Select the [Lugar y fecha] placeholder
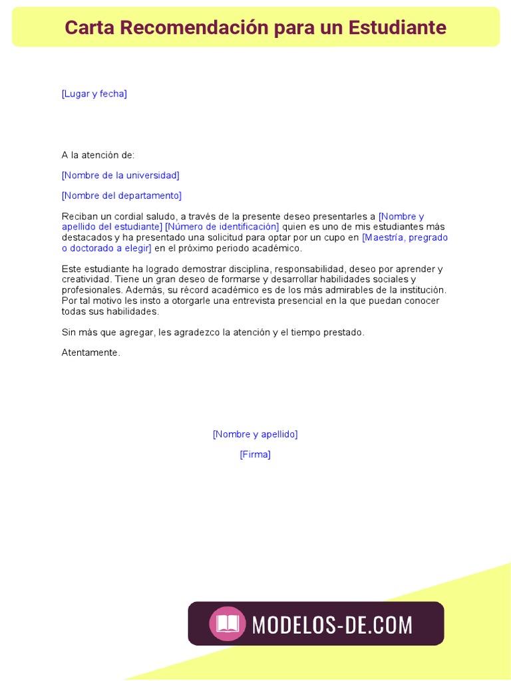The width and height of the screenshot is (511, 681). [x=94, y=94]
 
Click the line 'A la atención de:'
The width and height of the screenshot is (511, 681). [x=98, y=155]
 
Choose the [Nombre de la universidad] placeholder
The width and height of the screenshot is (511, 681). [x=120, y=176]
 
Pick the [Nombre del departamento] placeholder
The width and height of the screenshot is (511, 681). [x=121, y=196]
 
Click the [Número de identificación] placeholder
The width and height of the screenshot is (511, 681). [x=222, y=227]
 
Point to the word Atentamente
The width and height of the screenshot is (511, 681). [x=90, y=352]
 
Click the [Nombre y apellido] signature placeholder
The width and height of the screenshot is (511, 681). [x=255, y=434]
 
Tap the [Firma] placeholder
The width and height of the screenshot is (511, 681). [x=255, y=455]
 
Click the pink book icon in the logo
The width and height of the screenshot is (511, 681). [x=228, y=624]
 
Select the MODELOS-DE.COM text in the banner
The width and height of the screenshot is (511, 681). [x=332, y=624]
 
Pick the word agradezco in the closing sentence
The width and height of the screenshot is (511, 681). [x=197, y=332]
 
